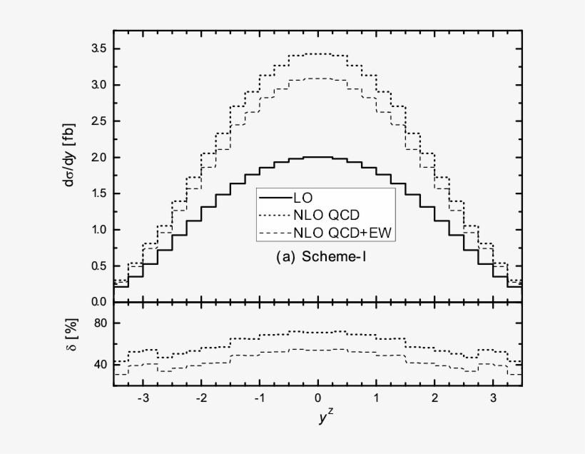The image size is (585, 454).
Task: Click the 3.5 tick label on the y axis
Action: click(x=98, y=49)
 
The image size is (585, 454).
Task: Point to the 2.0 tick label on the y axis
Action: click(x=98, y=157)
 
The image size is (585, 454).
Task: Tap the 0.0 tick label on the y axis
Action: click(x=98, y=302)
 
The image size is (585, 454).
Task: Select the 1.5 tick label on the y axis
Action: click(x=98, y=193)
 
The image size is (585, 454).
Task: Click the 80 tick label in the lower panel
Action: click(x=100, y=323)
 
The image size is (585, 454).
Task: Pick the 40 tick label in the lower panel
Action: click(x=100, y=365)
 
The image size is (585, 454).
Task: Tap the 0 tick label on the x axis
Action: click(x=318, y=398)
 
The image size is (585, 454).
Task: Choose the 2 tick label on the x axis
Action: click(x=434, y=398)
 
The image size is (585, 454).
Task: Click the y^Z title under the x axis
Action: click(x=319, y=420)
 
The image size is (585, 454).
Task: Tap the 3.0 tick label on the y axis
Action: click(x=98, y=85)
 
